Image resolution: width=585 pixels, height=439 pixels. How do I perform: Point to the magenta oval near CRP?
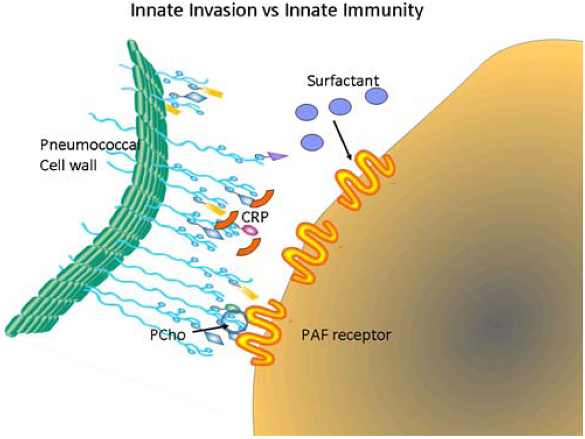[x=248, y=229]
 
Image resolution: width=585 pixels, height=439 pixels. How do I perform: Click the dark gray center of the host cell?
[x=494, y=321]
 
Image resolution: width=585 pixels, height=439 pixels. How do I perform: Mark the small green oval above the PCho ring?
[x=231, y=307]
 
